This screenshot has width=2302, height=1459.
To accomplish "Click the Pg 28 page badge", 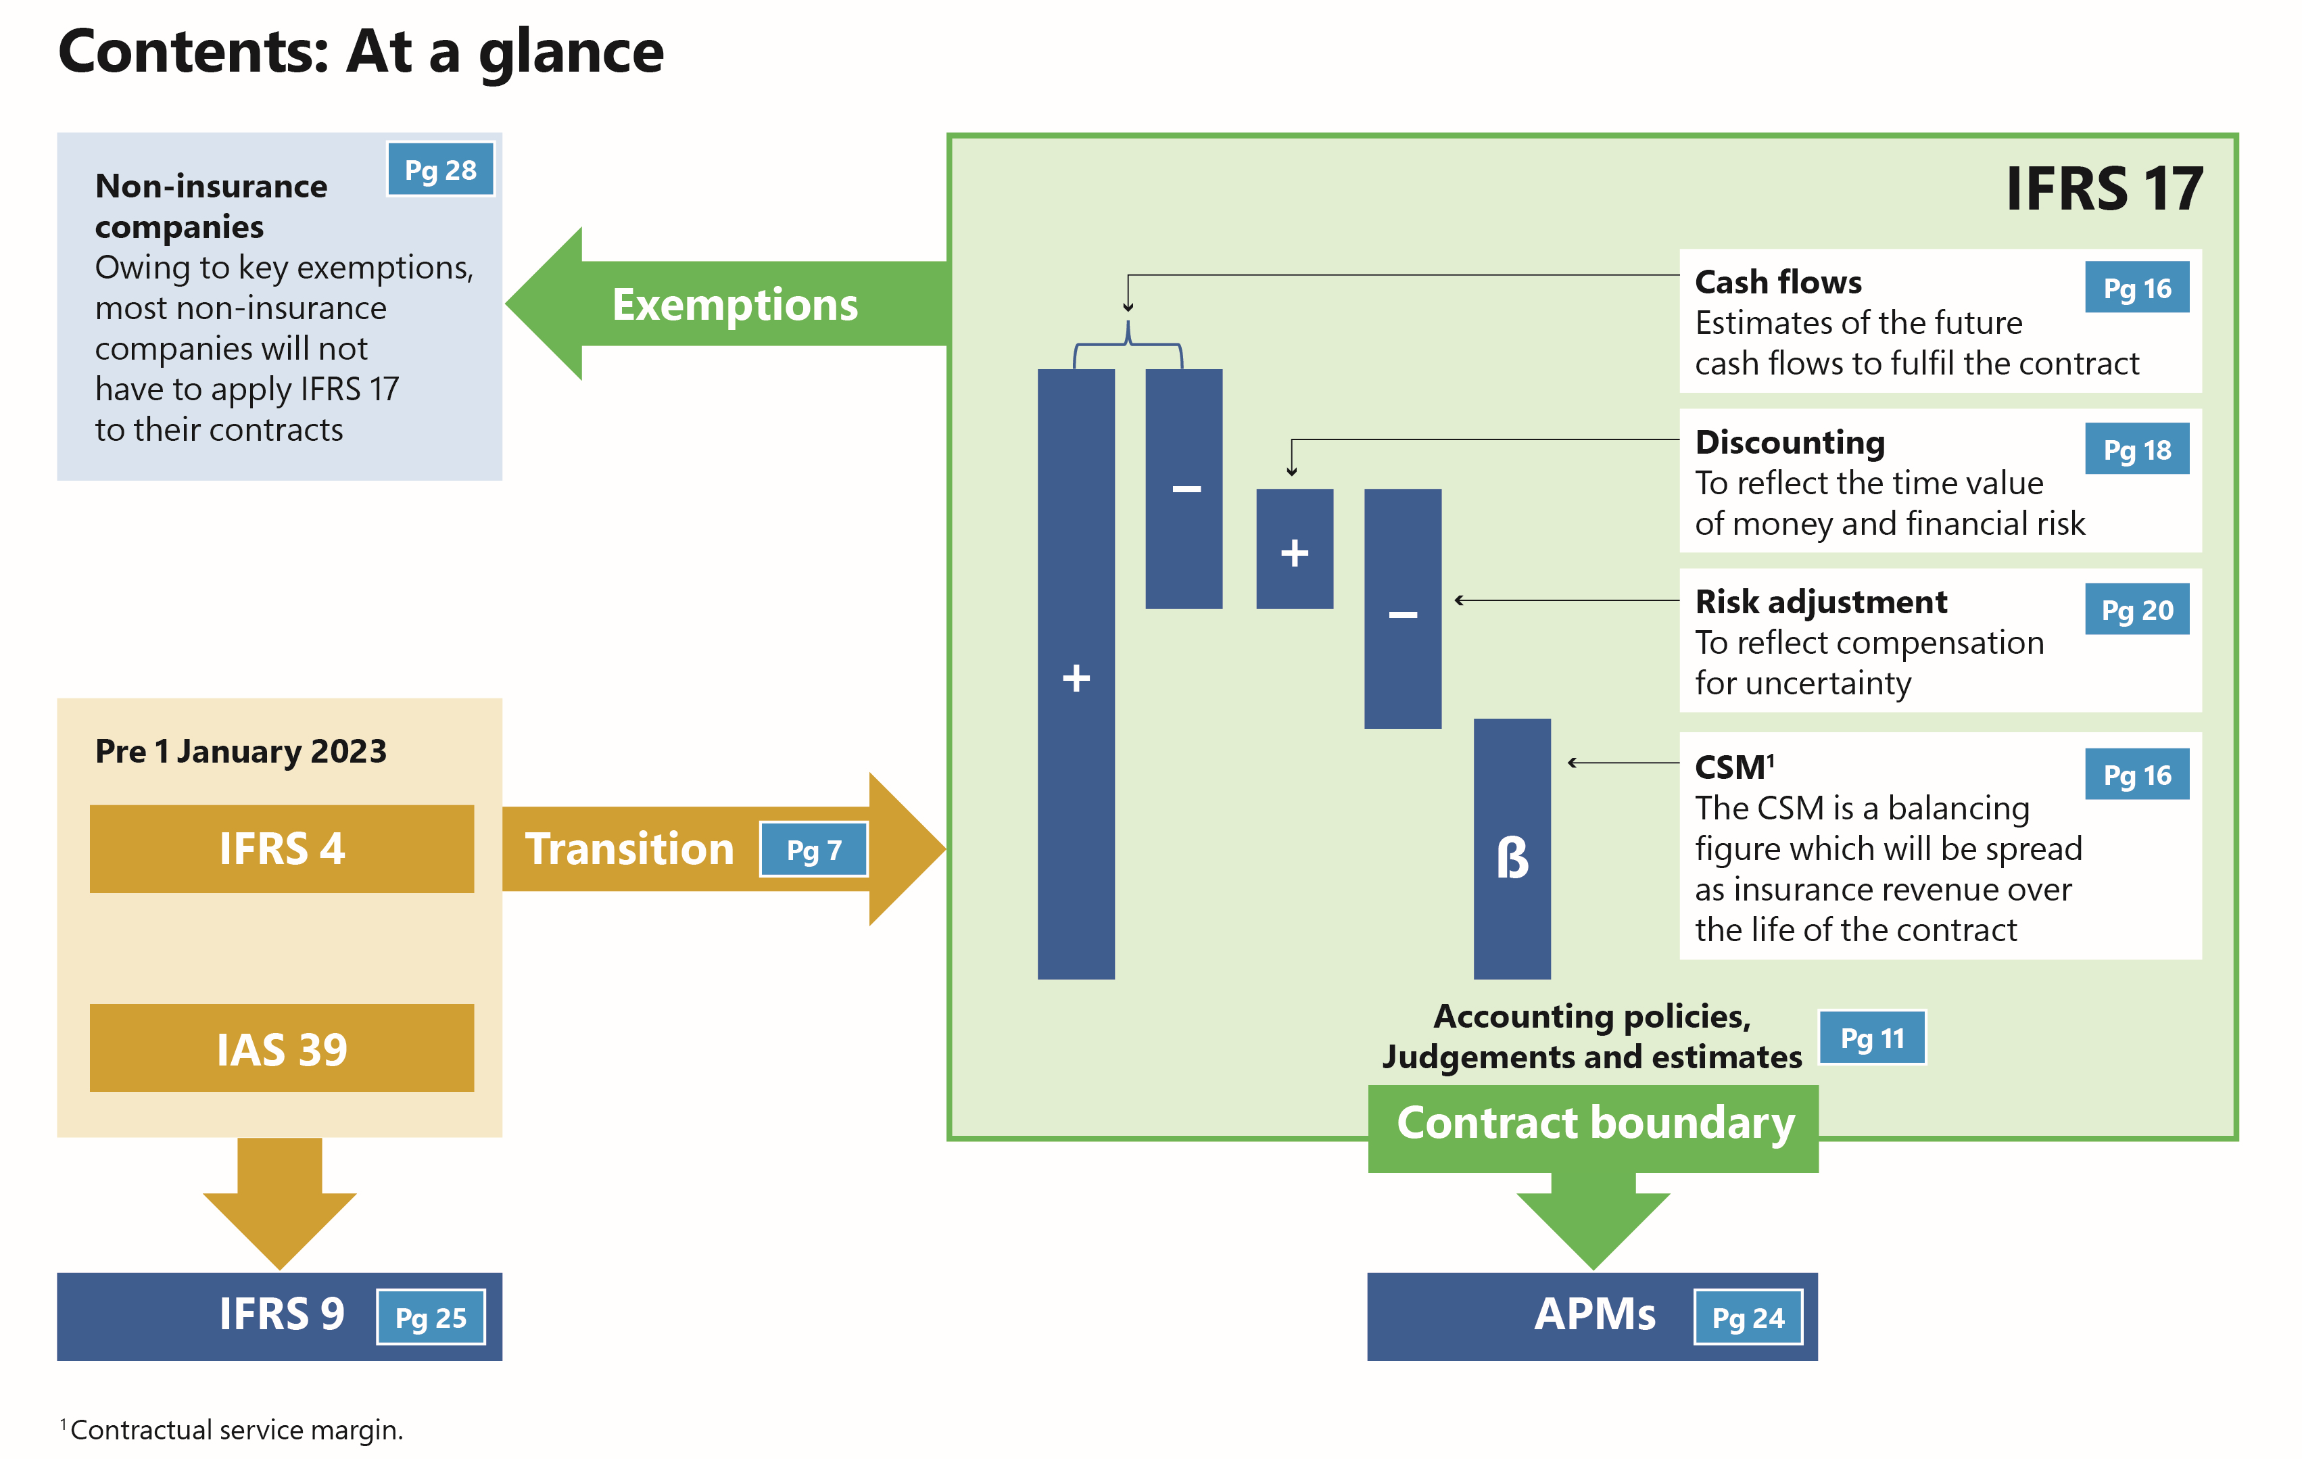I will point(439,170).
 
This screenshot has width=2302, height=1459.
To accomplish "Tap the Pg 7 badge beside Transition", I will point(813,849).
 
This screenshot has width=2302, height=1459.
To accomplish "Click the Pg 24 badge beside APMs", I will point(1748,1318).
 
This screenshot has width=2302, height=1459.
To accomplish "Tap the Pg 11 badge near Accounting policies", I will point(1872,1038).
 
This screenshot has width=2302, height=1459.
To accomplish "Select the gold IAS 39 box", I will point(282,1049).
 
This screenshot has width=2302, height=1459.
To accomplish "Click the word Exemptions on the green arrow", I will point(734,305).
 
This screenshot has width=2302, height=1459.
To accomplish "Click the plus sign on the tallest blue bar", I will point(1076,678).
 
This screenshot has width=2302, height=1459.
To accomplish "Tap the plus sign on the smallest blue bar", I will point(1295,552).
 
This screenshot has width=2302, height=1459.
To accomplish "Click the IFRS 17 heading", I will point(2104,189).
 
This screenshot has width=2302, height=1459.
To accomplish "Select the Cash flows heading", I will point(1778,282).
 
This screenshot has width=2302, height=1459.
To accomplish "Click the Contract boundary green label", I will point(1595,1124).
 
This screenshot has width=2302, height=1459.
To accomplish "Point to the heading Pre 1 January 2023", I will point(241,752).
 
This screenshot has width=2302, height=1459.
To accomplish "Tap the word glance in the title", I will point(571,53).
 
